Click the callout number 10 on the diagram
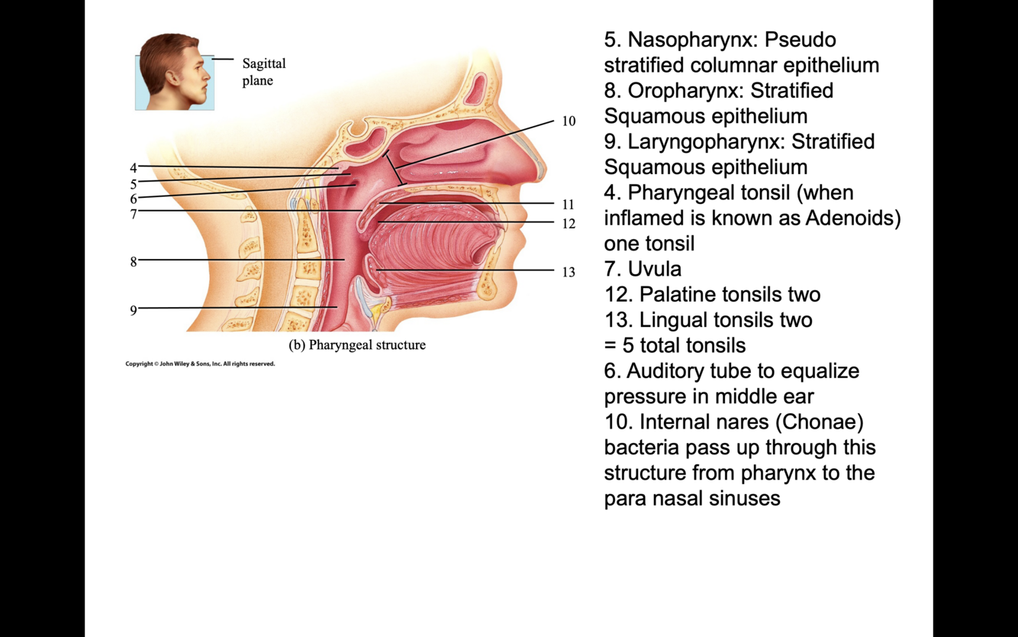tap(569, 121)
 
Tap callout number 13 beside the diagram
tap(569, 272)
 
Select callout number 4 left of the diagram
tap(133, 168)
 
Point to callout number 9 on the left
tap(133, 310)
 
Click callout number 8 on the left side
tap(133, 262)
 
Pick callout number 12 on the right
tap(569, 224)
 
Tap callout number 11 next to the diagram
tap(569, 205)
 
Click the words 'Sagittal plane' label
tap(263, 72)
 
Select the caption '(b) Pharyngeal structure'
tap(357, 345)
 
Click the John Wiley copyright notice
tap(200, 364)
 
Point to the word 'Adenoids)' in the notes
tap(853, 218)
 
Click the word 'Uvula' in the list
tap(655, 269)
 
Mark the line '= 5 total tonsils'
tap(675, 346)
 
